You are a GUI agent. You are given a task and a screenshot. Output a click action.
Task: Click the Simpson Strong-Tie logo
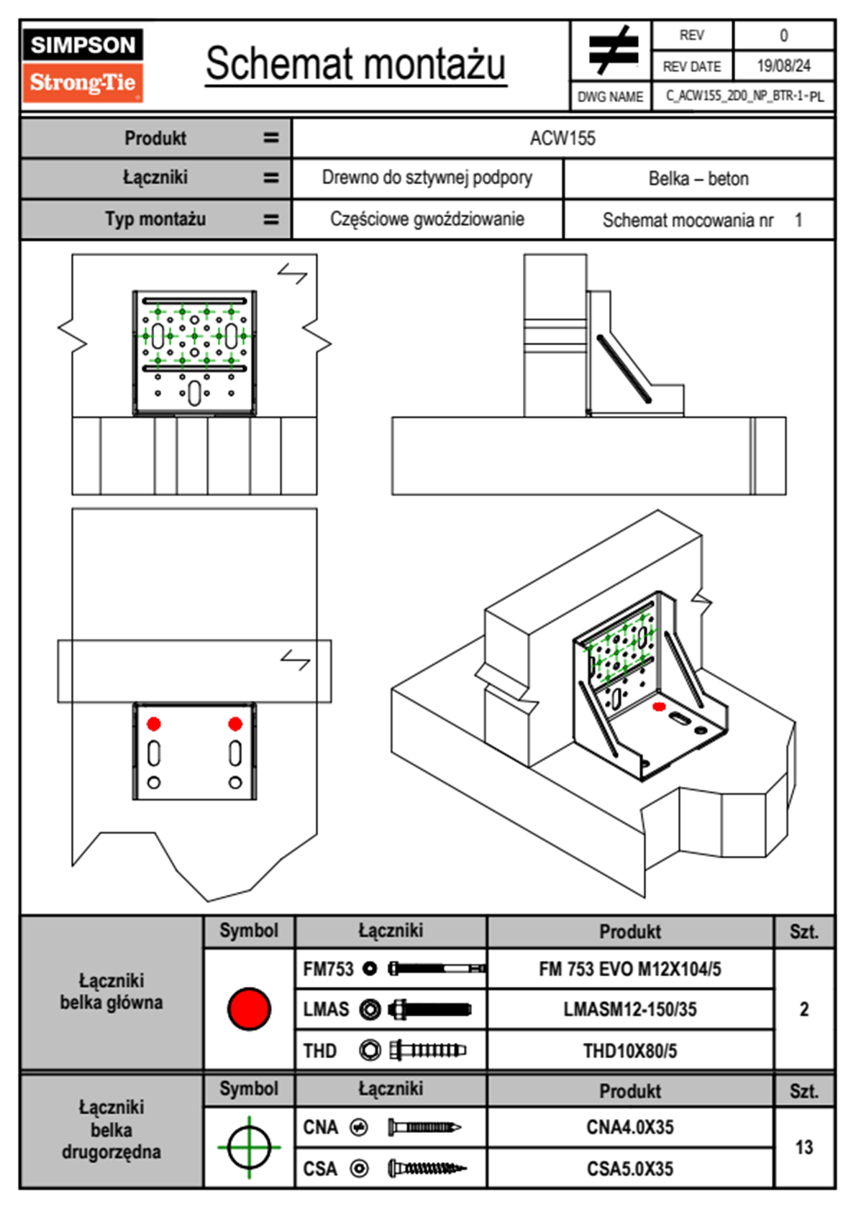(83, 65)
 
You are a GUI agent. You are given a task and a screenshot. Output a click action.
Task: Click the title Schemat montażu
(355, 64)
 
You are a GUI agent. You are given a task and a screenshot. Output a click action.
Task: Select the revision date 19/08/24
(783, 66)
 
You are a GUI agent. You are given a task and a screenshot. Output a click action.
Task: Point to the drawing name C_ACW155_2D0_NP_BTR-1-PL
(744, 96)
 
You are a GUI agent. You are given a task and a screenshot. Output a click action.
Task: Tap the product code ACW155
(563, 138)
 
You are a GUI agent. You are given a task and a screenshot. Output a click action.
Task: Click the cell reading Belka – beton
(698, 178)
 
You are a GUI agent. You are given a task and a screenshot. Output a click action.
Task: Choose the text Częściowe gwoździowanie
(427, 219)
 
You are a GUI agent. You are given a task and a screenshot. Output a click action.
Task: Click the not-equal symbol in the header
(612, 50)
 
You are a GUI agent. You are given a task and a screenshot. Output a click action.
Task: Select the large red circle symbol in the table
(249, 1008)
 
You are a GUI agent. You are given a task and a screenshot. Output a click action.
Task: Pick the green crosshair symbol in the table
(249, 1147)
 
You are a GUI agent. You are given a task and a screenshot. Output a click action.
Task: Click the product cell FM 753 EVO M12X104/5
(629, 969)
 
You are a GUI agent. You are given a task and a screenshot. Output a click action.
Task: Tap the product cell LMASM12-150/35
(629, 1009)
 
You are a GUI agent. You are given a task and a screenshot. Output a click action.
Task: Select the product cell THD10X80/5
(629, 1051)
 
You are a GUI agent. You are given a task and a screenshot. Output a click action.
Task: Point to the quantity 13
(803, 1147)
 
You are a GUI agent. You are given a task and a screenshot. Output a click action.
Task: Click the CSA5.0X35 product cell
(629, 1169)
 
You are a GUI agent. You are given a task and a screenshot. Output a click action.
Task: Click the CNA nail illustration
(424, 1127)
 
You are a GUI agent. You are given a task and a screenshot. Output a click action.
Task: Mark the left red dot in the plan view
(154, 724)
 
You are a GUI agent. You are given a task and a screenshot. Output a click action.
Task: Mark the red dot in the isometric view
(658, 707)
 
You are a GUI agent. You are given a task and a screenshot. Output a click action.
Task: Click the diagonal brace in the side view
(624, 369)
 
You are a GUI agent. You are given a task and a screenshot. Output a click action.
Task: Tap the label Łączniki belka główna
(111, 991)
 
